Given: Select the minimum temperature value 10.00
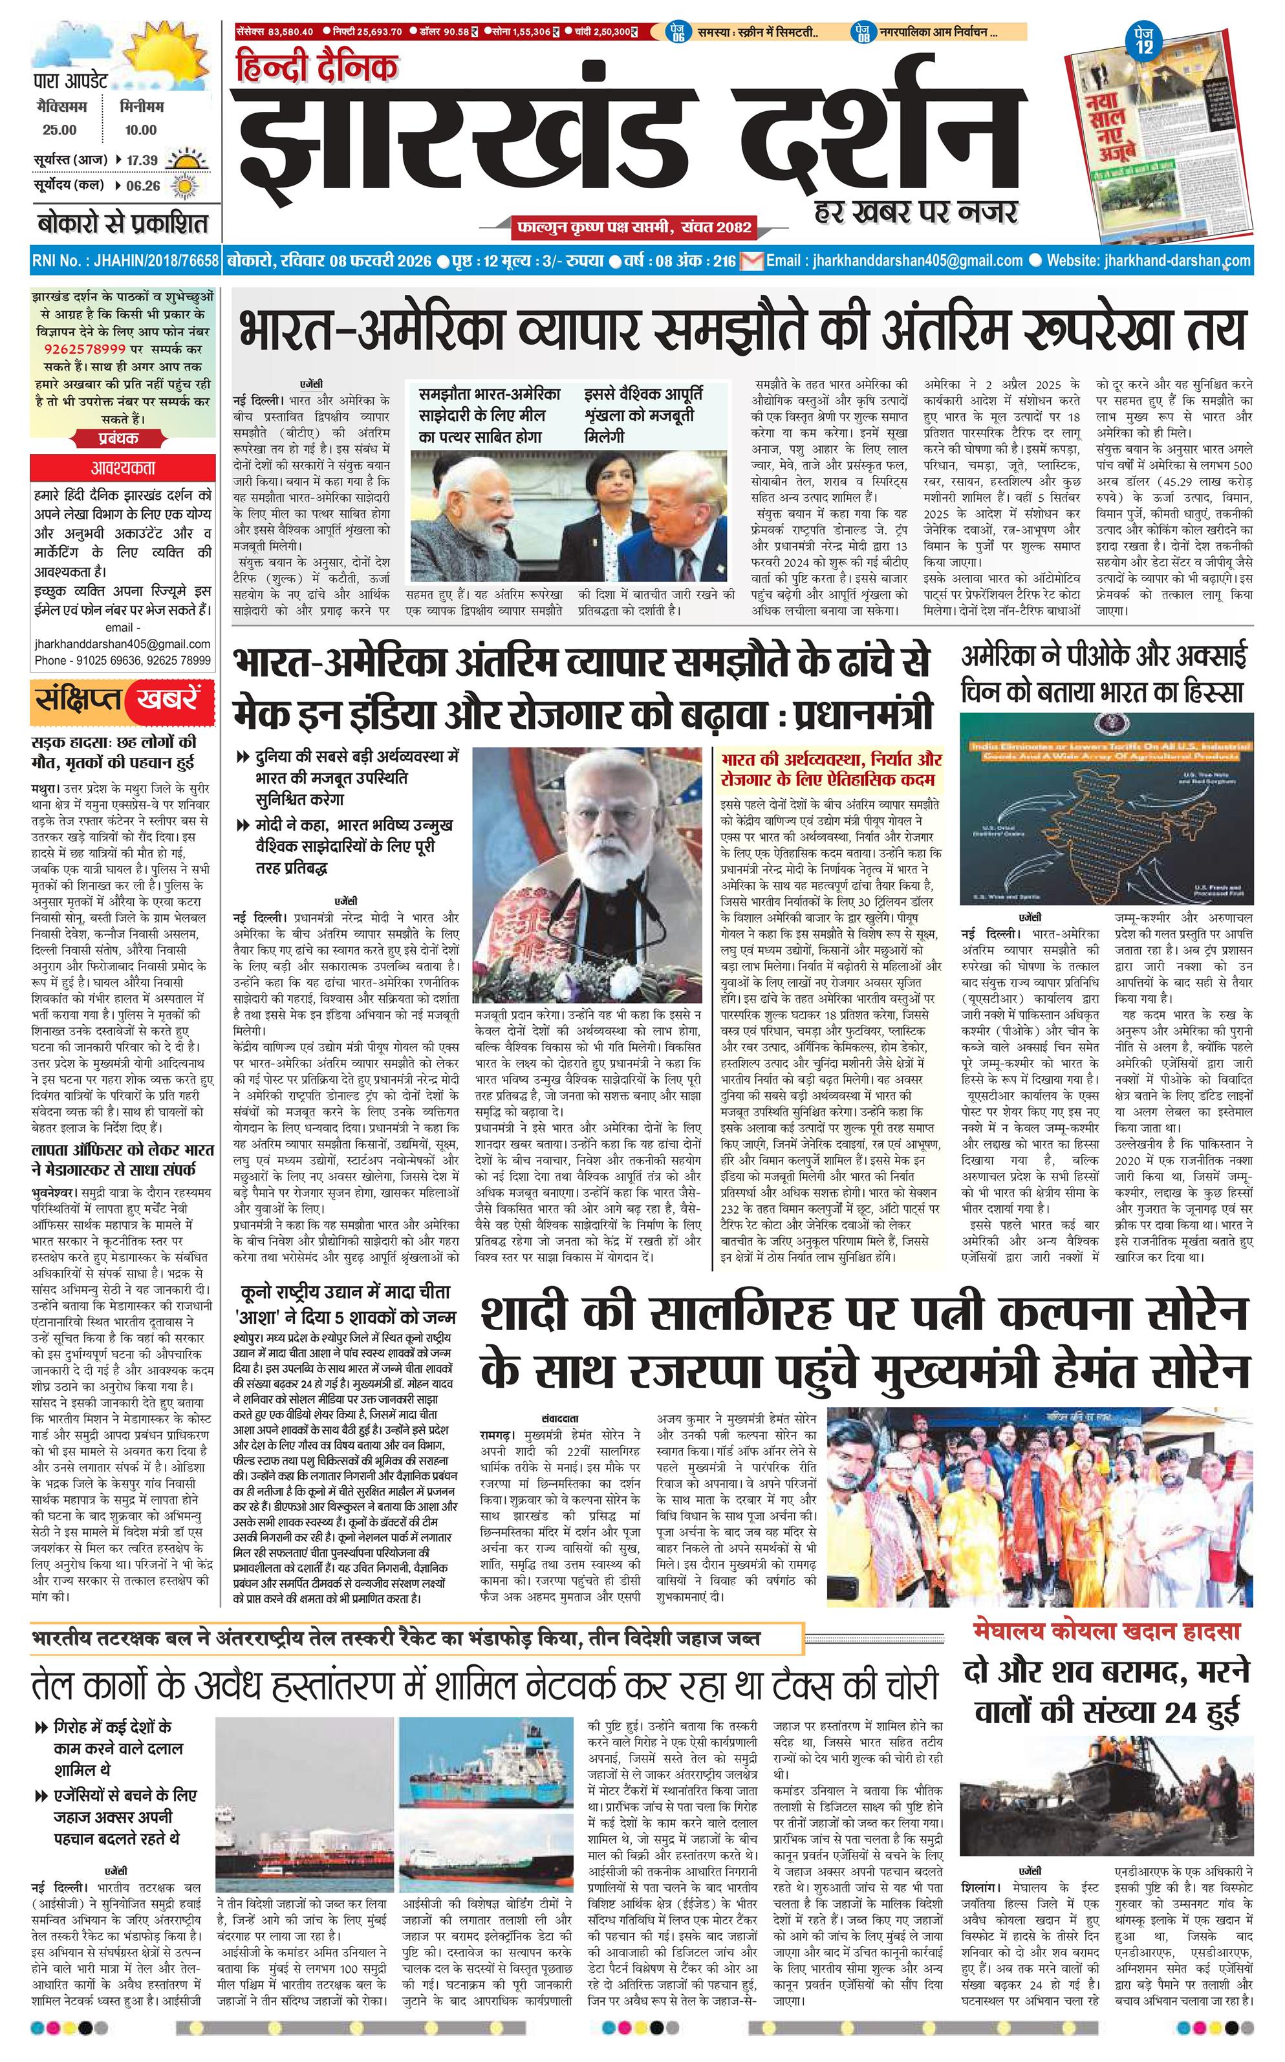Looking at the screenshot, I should pyautogui.click(x=140, y=130).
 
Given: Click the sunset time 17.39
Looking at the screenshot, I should pyautogui.click(x=142, y=160).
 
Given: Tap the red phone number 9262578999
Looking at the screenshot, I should pyautogui.click(x=85, y=349).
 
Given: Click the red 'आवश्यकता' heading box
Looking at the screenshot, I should pyautogui.click(x=122, y=467).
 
